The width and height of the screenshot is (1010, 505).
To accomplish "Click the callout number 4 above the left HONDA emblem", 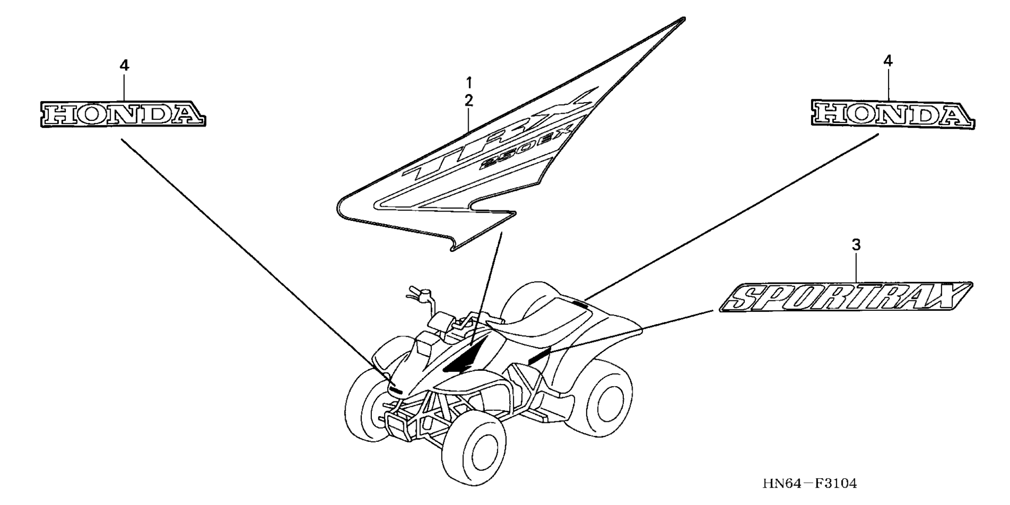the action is pyautogui.click(x=124, y=66).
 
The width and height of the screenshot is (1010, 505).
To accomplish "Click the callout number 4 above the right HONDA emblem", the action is pyautogui.click(x=887, y=61).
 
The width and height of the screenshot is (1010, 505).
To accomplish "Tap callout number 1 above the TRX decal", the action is pyautogui.click(x=468, y=83).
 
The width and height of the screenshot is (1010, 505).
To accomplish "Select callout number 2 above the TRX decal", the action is pyautogui.click(x=468, y=100).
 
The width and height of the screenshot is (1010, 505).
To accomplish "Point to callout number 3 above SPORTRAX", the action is pyautogui.click(x=856, y=245).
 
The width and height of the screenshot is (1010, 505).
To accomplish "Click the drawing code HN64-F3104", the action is pyautogui.click(x=810, y=483).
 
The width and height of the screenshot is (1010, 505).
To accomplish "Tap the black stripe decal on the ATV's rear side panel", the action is pyautogui.click(x=539, y=355).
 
